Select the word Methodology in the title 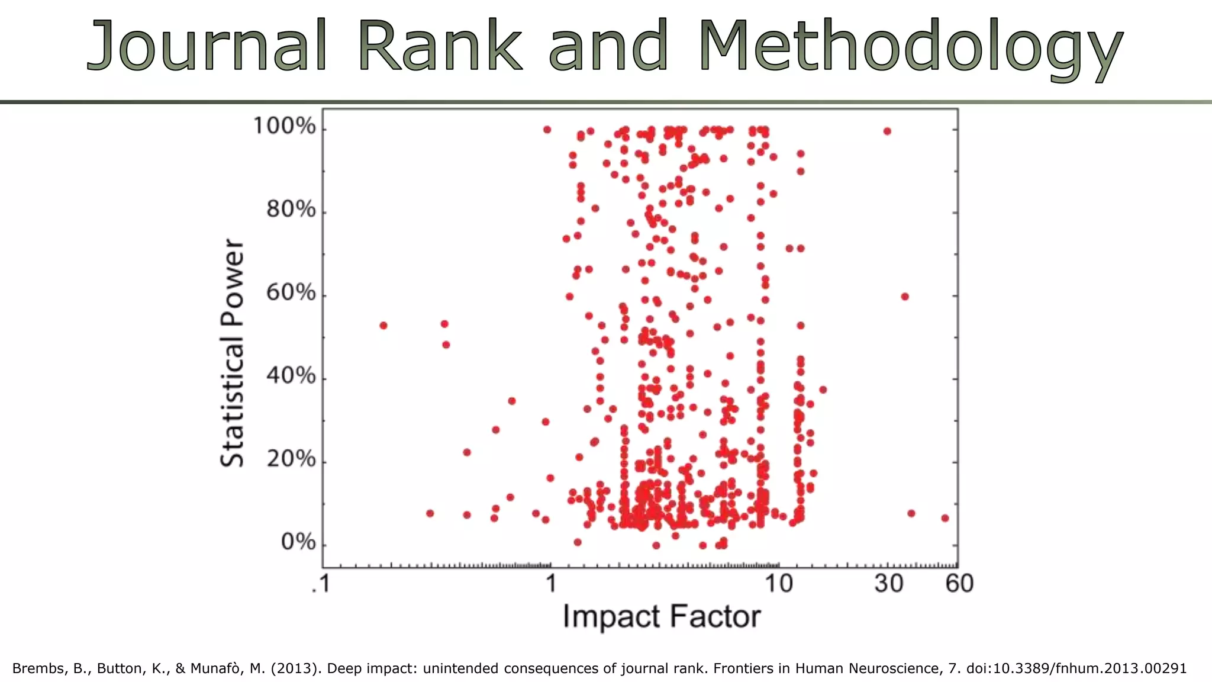[910, 47]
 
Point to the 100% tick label [284, 126]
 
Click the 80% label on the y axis [291, 210]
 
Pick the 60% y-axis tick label [291, 293]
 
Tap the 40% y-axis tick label [291, 376]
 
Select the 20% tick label [291, 459]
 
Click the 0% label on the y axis [298, 542]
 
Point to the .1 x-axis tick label [320, 584]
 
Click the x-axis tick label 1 [551, 584]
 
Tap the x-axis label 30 [888, 584]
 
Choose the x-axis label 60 [959, 584]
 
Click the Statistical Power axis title [232, 353]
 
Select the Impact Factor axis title [661, 617]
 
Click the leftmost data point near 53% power [383, 326]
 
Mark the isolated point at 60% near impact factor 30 [905, 297]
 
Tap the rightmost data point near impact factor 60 [945, 518]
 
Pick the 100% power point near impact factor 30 [887, 131]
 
